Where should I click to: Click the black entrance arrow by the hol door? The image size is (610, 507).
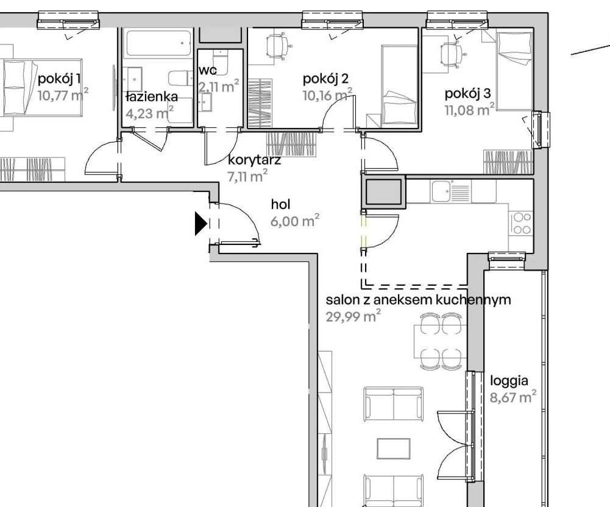coord(200,224)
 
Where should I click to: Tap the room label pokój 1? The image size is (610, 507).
coord(59,79)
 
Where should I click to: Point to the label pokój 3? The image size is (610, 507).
coord(467,94)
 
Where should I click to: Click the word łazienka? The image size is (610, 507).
coord(151,97)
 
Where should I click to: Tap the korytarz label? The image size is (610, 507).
coord(254,161)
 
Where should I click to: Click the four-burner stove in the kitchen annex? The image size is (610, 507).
coord(522,223)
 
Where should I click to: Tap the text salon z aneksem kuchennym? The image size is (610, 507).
coord(418,300)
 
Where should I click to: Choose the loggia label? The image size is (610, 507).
coord(509,381)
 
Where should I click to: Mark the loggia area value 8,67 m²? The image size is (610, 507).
coord(512,399)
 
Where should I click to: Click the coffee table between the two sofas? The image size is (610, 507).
coord(393,449)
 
